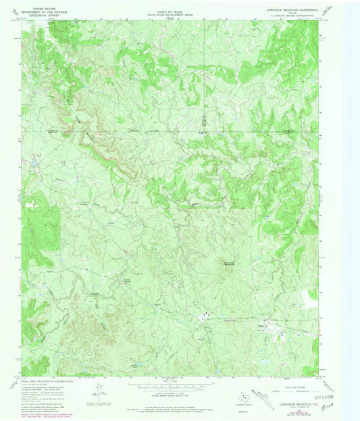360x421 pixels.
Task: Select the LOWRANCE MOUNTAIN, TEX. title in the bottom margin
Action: tap(294, 384)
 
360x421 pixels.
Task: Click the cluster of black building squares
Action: tap(205, 313)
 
